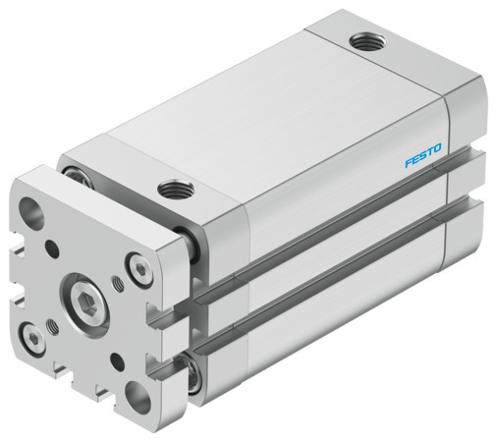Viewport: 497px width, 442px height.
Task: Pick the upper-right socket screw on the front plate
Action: tap(138, 265)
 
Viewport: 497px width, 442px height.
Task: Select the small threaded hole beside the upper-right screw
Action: tap(119, 286)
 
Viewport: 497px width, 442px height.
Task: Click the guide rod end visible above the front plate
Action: tap(75, 175)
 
